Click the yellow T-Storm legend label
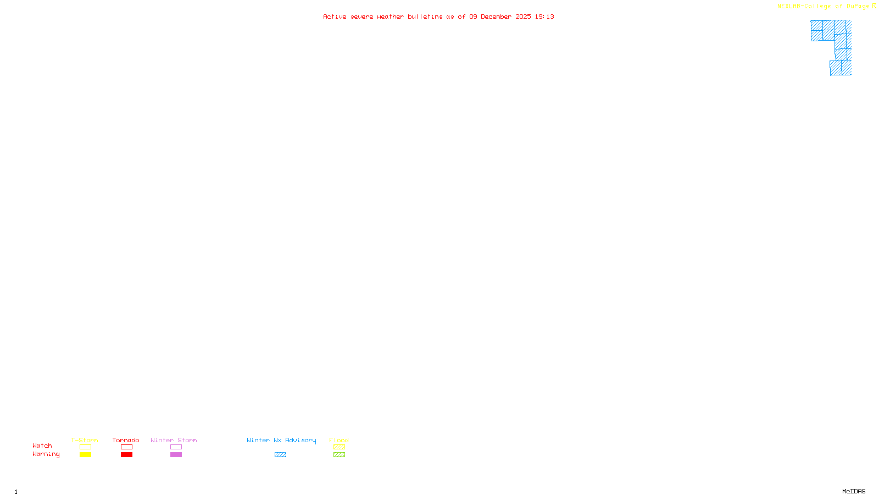pos(85,440)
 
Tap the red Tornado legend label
pos(126,440)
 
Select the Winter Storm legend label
pos(174,440)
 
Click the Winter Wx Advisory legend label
pos(281,440)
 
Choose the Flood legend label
pos(339,440)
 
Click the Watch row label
pos(42,446)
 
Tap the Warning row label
pos(46,454)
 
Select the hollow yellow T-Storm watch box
pos(85,447)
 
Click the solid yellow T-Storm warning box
pos(85,455)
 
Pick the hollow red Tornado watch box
pos(126,447)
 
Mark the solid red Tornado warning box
pos(126,455)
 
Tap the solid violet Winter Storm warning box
pos(176,455)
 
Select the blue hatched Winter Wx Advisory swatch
pos(280,455)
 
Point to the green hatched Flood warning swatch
pos(339,455)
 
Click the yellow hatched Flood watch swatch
pos(339,447)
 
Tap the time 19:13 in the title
pos(544,16)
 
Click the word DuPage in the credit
pos(858,6)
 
